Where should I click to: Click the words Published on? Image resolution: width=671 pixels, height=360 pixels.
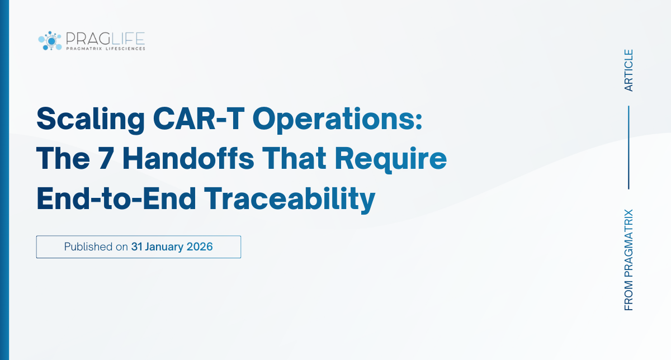click(x=96, y=247)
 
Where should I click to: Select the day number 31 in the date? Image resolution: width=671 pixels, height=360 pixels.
click(x=137, y=247)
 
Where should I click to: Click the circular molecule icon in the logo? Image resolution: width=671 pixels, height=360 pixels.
click(x=49, y=40)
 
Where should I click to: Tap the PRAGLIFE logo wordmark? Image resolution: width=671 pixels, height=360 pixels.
click(x=105, y=38)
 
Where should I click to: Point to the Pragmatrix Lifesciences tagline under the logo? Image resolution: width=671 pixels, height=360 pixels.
click(x=105, y=49)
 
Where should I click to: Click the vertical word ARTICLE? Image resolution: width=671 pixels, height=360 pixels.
click(x=629, y=70)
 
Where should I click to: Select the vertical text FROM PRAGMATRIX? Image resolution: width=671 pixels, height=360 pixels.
click(x=629, y=260)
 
